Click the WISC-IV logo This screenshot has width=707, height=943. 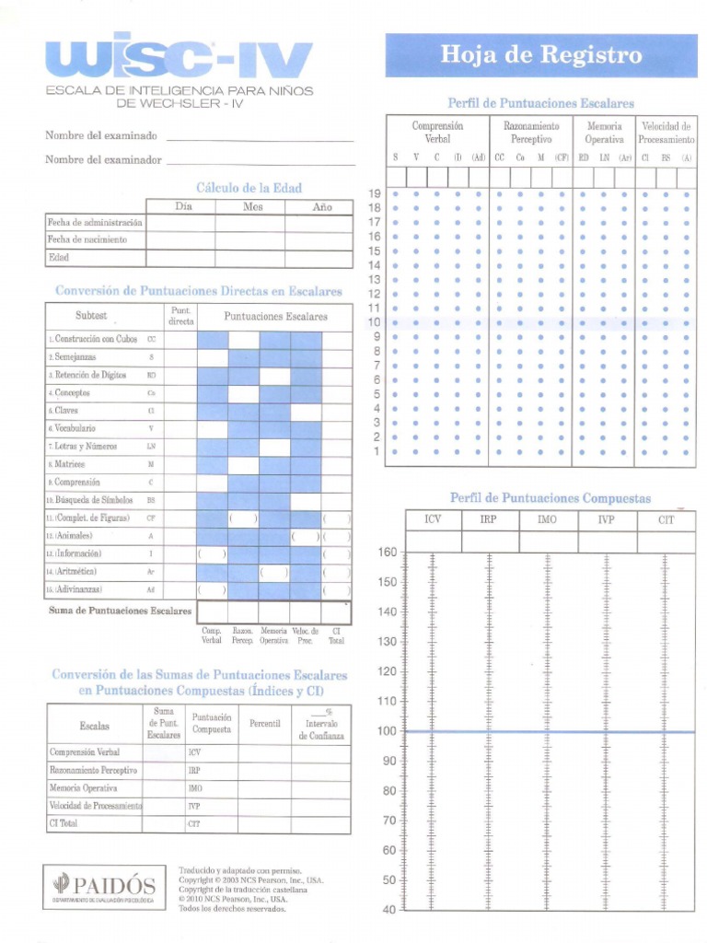(x=180, y=60)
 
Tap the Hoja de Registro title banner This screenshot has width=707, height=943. (x=540, y=55)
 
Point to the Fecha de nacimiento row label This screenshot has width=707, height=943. (x=87, y=239)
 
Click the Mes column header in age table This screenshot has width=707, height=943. (x=252, y=207)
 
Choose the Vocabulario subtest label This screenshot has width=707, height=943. (x=75, y=428)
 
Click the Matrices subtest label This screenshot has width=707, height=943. (x=70, y=464)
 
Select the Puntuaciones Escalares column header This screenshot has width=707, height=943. (x=275, y=316)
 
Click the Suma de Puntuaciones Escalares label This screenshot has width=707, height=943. (x=120, y=611)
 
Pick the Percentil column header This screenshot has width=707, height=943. (x=264, y=724)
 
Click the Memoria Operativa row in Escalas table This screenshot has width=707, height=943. (x=87, y=787)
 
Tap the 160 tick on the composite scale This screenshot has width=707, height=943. (x=387, y=553)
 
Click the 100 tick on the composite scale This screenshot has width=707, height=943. (x=387, y=731)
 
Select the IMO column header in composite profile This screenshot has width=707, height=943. (x=547, y=520)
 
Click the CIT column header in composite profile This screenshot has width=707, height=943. (x=666, y=520)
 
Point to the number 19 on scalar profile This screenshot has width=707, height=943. (x=375, y=193)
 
